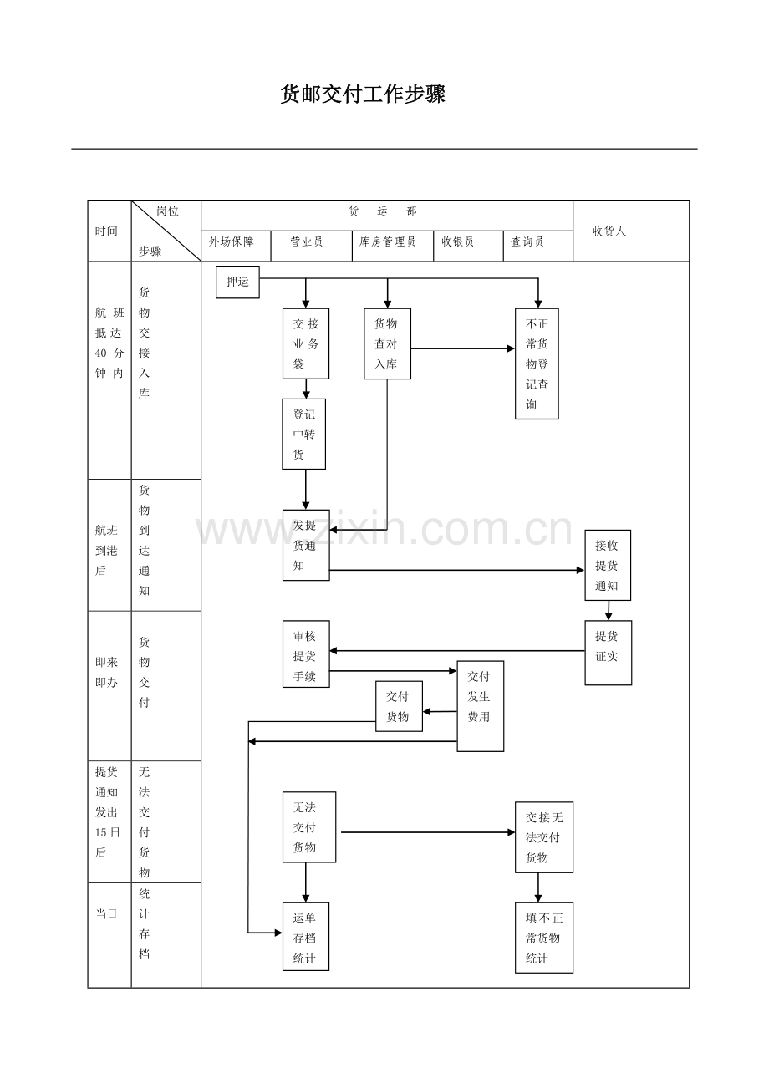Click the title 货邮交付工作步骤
(363, 94)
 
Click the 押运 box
(237, 282)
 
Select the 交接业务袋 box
(305, 343)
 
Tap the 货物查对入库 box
(387, 343)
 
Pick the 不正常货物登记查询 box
(537, 364)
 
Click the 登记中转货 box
(304, 434)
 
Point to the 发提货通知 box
(306, 545)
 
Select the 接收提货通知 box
(608, 565)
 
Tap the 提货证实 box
(608, 653)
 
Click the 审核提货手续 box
(306, 654)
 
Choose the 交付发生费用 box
(480, 706)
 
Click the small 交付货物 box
(399, 706)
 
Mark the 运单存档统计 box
(306, 936)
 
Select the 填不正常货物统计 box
(543, 938)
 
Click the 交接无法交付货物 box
(543, 837)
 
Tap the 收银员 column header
(457, 242)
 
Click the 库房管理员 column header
(387, 242)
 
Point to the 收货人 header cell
(609, 231)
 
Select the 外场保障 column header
(232, 242)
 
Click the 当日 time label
(106, 914)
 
